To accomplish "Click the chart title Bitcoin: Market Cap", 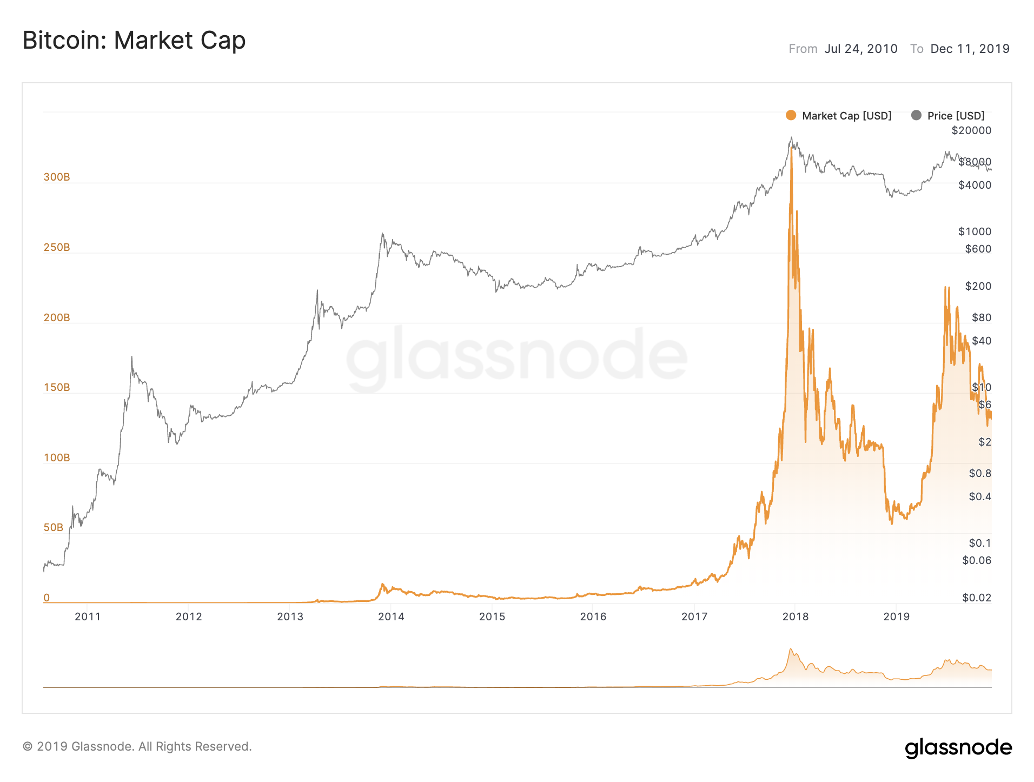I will (x=134, y=41).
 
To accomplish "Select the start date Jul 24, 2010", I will (x=860, y=49).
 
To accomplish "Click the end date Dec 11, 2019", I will (x=970, y=49).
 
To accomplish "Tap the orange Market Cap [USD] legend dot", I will (x=791, y=115).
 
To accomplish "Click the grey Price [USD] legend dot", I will (x=916, y=115).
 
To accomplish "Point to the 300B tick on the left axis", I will (x=57, y=177).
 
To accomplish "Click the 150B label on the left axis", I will (x=57, y=387).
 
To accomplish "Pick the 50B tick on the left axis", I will (x=54, y=527).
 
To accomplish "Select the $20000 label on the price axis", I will (x=971, y=130).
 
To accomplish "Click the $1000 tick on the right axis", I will (x=975, y=231).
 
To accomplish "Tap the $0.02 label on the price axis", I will (x=977, y=598).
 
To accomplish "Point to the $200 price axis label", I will (x=978, y=286).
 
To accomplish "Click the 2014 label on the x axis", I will (x=391, y=617).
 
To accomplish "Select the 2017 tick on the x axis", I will (x=694, y=617).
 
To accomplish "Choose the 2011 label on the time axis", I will (x=88, y=617).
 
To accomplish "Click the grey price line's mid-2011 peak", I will (x=131, y=357).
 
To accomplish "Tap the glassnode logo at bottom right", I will (x=958, y=747).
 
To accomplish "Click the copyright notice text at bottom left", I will (x=137, y=746).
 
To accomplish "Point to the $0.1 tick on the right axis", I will (x=979, y=543).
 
